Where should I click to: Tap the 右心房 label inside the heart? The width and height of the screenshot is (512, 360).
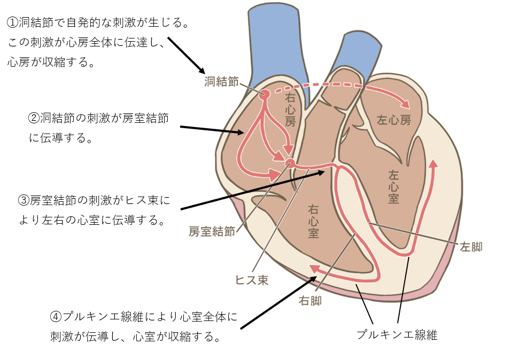(290, 109)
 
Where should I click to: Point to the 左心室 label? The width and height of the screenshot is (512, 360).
(394, 186)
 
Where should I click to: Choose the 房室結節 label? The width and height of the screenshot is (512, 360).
(212, 231)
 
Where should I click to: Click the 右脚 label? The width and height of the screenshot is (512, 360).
(310, 300)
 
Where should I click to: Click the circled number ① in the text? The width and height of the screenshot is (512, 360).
(12, 23)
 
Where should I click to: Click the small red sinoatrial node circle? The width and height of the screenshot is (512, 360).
(263, 95)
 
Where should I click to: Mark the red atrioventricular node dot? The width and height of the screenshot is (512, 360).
(290, 162)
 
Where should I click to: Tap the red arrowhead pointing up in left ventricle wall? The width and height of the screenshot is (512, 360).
(433, 163)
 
